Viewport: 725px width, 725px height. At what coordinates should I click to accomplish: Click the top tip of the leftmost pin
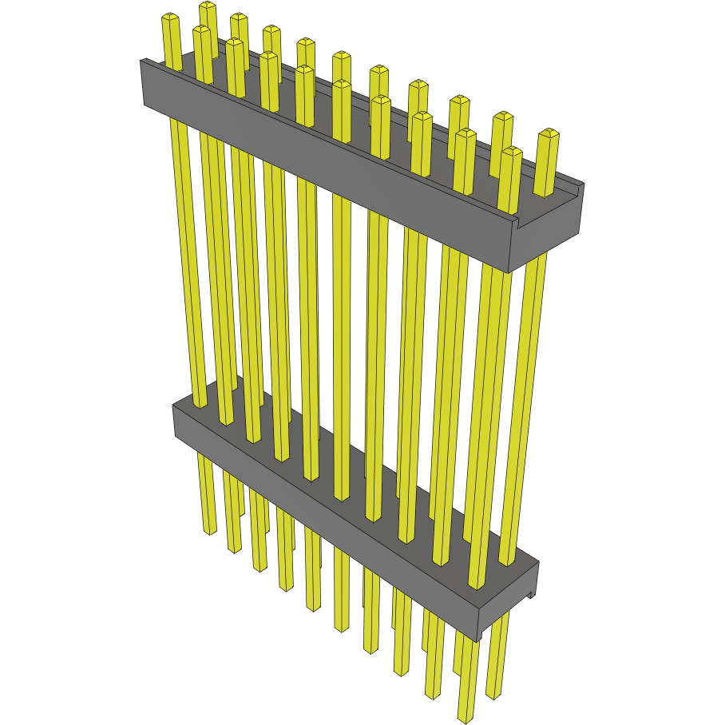coord(170,17)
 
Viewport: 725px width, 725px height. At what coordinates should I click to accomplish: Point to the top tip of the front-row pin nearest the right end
coord(511,151)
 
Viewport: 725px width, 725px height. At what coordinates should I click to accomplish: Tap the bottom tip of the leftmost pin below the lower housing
coord(209,530)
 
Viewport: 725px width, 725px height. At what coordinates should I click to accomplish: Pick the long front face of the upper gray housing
coord(319,160)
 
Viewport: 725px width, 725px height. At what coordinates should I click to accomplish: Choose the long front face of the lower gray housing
coord(319,511)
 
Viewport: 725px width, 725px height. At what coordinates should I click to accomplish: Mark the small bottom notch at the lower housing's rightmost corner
coord(531,595)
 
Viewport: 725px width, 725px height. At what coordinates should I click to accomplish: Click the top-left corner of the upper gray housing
coord(141,61)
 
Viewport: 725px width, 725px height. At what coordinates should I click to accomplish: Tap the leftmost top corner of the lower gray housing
coord(173,406)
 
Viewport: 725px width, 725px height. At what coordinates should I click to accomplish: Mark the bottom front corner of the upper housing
coord(509,272)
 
